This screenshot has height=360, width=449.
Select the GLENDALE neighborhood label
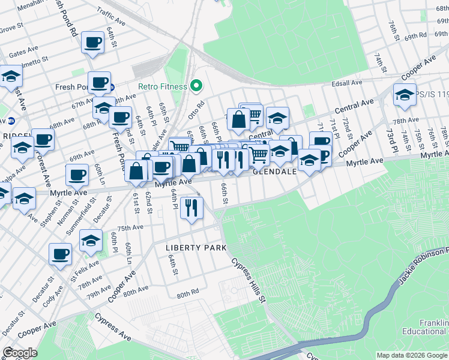274,172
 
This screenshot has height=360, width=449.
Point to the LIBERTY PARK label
196,248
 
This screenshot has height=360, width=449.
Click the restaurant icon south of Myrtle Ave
191,208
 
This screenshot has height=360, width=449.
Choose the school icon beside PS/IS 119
405,94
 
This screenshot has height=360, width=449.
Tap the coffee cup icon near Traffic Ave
92,43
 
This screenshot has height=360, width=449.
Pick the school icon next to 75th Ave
91,241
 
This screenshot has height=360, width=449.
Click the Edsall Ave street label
349,83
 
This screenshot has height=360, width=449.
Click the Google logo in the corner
20,353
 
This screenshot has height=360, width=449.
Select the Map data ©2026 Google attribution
412,355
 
